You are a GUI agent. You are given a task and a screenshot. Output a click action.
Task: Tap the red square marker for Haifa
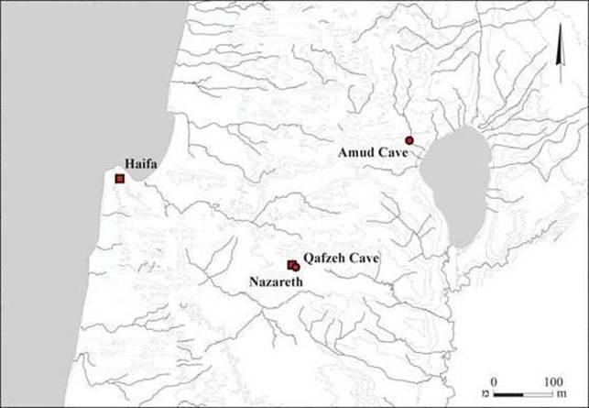(x=119, y=178)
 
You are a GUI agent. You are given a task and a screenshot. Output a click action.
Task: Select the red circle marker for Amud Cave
(x=409, y=140)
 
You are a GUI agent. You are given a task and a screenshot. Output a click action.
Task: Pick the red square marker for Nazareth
(x=291, y=264)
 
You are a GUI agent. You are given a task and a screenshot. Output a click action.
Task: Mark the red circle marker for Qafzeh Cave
(x=297, y=267)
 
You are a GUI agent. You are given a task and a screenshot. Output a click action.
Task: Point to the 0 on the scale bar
(x=493, y=380)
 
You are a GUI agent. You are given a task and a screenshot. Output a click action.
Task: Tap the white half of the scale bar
(x=536, y=394)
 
